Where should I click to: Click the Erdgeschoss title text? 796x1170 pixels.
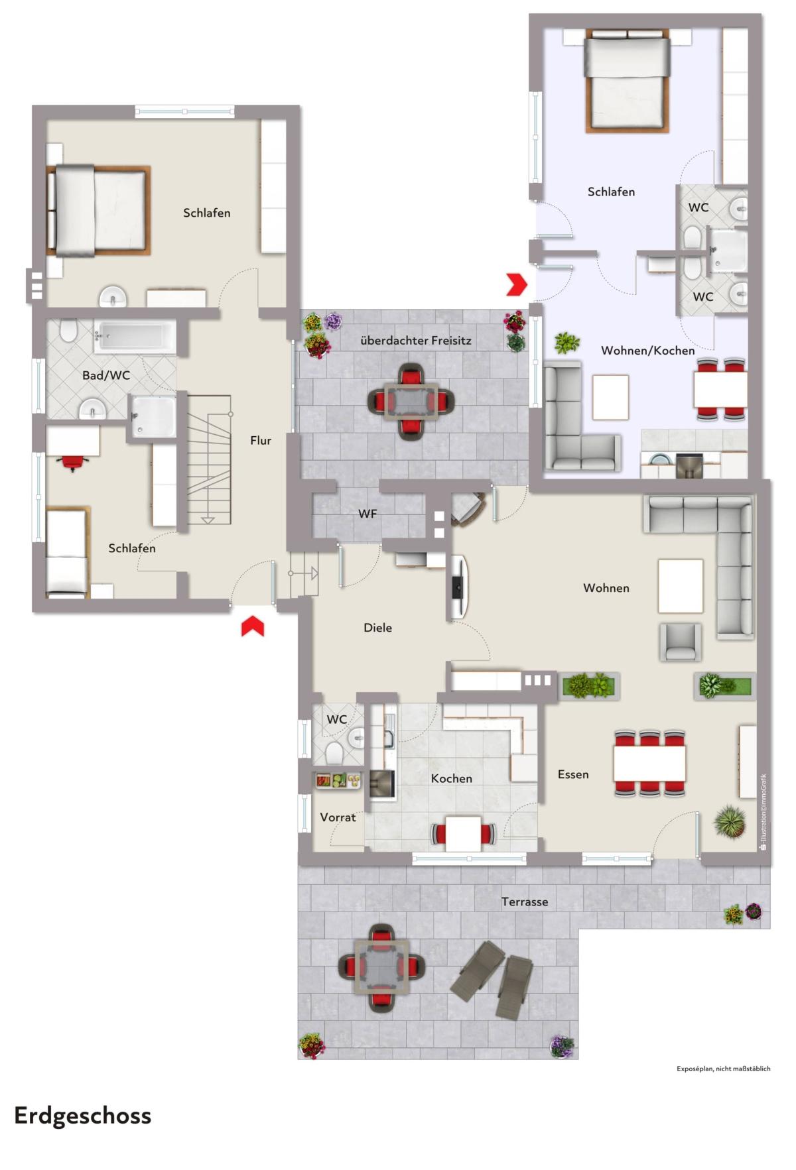click(x=82, y=1116)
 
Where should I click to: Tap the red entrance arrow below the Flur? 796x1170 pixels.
click(x=253, y=626)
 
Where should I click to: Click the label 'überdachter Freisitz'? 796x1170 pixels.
click(x=415, y=341)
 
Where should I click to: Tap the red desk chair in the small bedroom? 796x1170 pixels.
click(x=72, y=463)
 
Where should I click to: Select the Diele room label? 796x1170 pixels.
click(x=377, y=627)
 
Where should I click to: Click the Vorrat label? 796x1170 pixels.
click(x=338, y=817)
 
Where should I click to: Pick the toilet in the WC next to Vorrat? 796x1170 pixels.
click(x=333, y=753)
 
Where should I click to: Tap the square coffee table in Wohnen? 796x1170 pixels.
click(x=681, y=585)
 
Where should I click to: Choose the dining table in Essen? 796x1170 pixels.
click(x=650, y=764)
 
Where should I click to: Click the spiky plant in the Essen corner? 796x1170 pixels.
click(x=730, y=823)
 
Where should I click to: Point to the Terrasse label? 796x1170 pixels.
click(x=525, y=902)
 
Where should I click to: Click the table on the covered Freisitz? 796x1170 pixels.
click(x=411, y=400)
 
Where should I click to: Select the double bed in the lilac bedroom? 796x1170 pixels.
click(x=626, y=83)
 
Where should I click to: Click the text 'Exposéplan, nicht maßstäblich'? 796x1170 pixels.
click(x=723, y=1069)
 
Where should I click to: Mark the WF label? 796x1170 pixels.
click(x=367, y=514)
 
